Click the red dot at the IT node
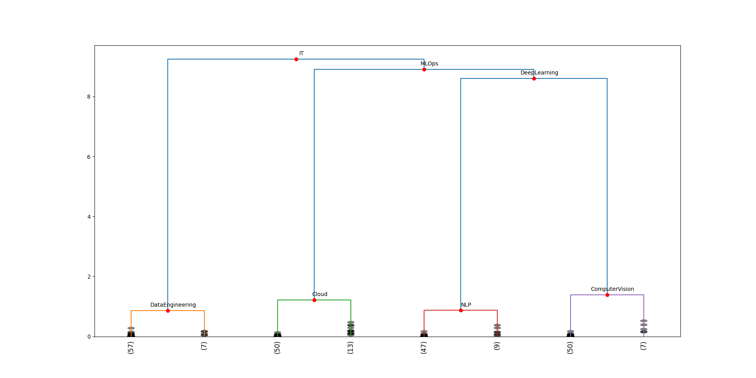pyautogui.click(x=296, y=59)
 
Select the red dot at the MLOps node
pyautogui.click(x=424, y=69)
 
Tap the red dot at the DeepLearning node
pyautogui.click(x=534, y=78)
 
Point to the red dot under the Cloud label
pyautogui.click(x=314, y=300)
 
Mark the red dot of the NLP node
pyautogui.click(x=461, y=310)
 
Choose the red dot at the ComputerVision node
pyautogui.click(x=607, y=295)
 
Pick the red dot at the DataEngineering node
pyautogui.click(x=168, y=311)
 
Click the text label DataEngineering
pyautogui.click(x=173, y=305)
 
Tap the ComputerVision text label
pyautogui.click(x=612, y=289)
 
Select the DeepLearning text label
pyautogui.click(x=539, y=73)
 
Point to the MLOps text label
pyautogui.click(x=429, y=63)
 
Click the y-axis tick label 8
pyautogui.click(x=89, y=97)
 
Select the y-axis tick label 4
pyautogui.click(x=89, y=217)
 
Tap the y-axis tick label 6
pyautogui.click(x=89, y=157)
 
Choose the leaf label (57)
pyautogui.click(x=131, y=348)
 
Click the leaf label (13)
pyautogui.click(x=350, y=348)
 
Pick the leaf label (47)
pyautogui.click(x=424, y=348)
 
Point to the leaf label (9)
pyautogui.click(x=497, y=346)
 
